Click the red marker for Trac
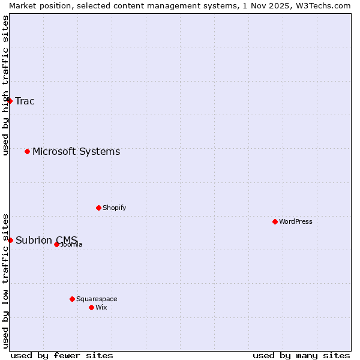[10, 101]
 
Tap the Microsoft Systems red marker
[28, 151]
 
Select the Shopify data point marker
[98, 208]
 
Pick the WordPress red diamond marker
[275, 221]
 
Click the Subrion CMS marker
[10, 240]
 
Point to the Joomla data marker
[56, 244]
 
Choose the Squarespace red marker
[72, 299]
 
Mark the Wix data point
[91, 307]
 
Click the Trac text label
[25, 101]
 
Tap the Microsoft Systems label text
[76, 151]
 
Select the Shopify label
[114, 208]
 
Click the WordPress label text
[296, 221]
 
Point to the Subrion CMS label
[46, 240]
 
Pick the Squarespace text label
[97, 299]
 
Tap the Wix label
[101, 307]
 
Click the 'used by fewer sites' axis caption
[62, 355]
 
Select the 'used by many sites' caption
[301, 355]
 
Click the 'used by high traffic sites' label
[5, 85]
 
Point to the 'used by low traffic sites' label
[5, 280]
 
